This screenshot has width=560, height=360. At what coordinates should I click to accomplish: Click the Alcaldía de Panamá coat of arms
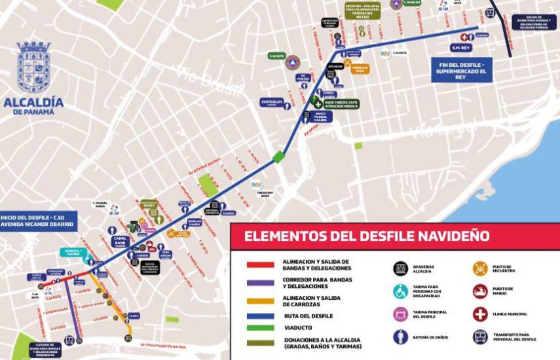click(x=33, y=67)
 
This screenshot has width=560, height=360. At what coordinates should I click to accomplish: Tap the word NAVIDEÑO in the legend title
click(x=453, y=236)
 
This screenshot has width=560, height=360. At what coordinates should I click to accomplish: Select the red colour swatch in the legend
click(x=260, y=265)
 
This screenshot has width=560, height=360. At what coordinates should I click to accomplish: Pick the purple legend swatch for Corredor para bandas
click(x=260, y=283)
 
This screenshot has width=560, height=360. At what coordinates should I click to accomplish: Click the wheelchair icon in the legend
click(x=400, y=292)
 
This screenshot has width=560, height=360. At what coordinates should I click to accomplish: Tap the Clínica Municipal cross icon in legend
click(x=481, y=314)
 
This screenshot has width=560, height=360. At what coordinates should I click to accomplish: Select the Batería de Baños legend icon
click(x=400, y=337)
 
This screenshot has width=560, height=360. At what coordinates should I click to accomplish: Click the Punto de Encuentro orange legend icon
click(x=481, y=269)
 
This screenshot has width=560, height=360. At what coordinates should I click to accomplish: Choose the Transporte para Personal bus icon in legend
click(x=481, y=337)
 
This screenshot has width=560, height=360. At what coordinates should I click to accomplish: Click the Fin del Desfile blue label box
click(x=462, y=71)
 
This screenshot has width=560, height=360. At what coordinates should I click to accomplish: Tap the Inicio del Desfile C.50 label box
click(x=38, y=221)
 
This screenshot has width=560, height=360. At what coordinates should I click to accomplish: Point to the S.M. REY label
click(x=462, y=48)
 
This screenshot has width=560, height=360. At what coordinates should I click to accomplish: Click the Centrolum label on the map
click(x=271, y=103)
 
